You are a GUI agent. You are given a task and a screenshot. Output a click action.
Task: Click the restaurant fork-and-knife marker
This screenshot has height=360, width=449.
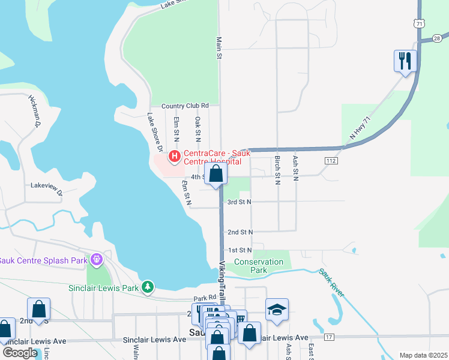point(405,61)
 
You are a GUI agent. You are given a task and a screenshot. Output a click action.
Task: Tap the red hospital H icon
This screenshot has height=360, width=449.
point(175,157)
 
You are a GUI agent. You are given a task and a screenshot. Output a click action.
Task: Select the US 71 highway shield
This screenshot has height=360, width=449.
point(419,23)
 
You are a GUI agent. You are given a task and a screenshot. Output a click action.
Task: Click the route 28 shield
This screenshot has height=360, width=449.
point(436,38)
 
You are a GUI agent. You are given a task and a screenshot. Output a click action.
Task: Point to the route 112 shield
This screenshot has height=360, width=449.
point(330,161)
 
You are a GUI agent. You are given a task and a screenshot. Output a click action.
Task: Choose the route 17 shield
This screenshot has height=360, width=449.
point(329,338)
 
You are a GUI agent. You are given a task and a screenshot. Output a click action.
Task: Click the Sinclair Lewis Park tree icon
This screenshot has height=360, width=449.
point(148,287)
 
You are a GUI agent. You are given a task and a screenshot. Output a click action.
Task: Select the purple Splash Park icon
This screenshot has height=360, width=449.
point(95,260)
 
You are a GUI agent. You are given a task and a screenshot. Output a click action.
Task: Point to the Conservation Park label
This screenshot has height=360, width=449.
point(258,266)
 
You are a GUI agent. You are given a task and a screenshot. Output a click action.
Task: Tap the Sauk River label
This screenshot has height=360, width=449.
point(332,282)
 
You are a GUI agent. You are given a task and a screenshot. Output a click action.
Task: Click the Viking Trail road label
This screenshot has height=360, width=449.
point(223,280)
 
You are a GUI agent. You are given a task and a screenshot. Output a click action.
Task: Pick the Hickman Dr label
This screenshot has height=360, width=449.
point(34,112)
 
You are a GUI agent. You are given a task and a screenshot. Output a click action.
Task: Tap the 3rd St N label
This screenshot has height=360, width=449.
point(239,202)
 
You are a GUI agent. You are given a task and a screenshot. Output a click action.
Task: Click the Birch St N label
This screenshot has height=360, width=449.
point(277,170)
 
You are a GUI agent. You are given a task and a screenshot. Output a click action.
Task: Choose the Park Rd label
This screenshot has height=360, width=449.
point(204,298)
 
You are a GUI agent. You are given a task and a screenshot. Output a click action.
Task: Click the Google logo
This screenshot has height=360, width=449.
point(19,353)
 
